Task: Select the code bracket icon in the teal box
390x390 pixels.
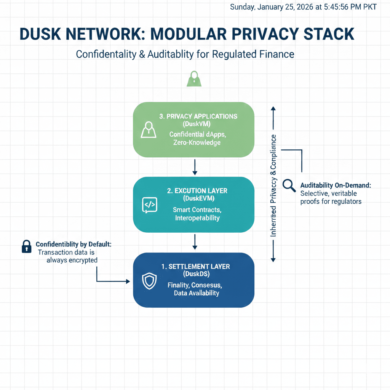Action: tap(149, 205)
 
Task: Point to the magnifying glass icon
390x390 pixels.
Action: tap(289, 185)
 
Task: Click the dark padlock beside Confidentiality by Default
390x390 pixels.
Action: tap(26, 246)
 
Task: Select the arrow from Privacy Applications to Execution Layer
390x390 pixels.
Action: tap(195, 166)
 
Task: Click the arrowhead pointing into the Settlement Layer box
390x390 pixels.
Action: tap(127, 281)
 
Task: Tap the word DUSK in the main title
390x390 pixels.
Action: tap(42, 34)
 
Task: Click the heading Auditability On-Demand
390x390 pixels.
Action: tap(336, 185)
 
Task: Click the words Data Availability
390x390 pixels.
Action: tap(197, 293)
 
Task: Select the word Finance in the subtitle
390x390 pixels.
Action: tap(275, 54)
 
